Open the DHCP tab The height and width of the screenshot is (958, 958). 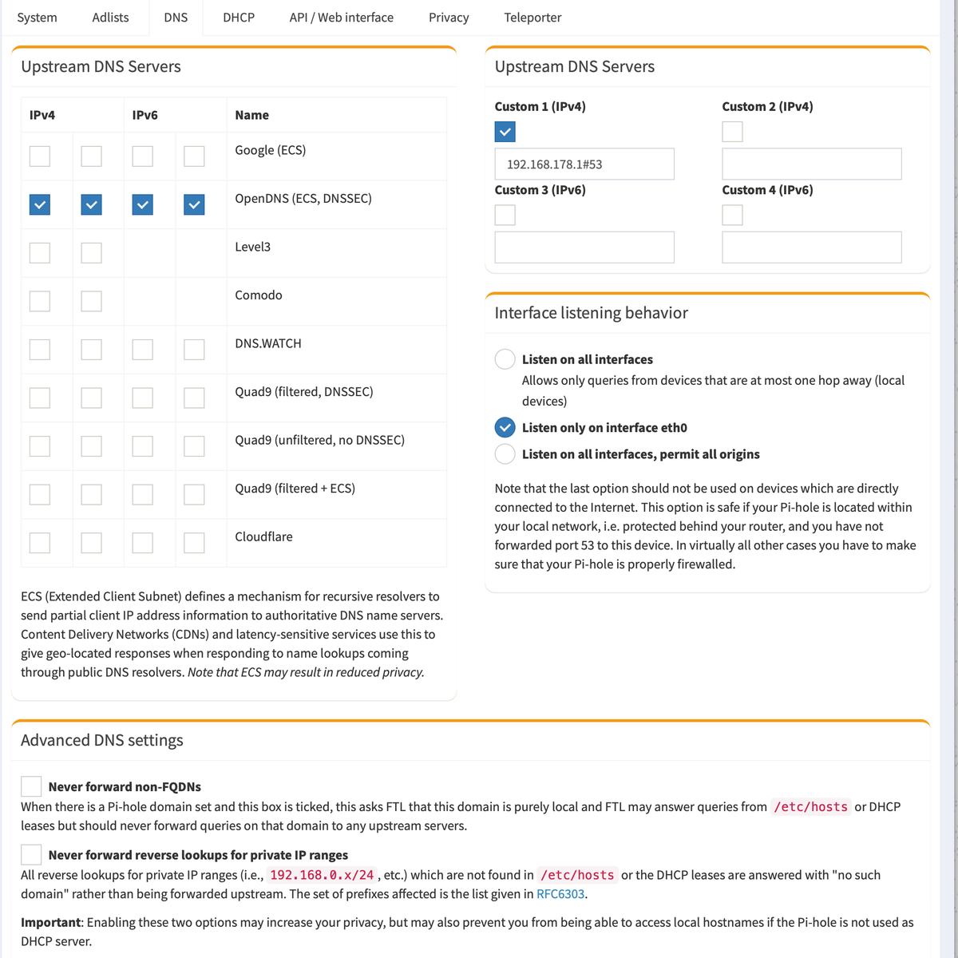[x=239, y=18]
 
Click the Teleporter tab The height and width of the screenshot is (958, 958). [x=532, y=18]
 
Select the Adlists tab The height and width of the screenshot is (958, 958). [x=110, y=18]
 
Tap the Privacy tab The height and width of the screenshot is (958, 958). [x=449, y=18]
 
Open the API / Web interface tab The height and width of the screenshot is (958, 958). [x=341, y=18]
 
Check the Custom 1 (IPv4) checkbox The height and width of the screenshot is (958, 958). [x=505, y=132]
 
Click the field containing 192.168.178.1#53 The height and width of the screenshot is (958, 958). [x=584, y=164]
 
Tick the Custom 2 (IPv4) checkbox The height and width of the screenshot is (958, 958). [x=732, y=132]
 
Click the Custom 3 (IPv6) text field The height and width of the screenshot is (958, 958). [x=584, y=247]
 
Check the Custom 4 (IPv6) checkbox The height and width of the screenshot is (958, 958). [x=732, y=215]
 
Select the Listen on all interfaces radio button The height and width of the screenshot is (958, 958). [x=505, y=359]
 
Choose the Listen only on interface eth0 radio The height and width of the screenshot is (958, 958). [x=505, y=427]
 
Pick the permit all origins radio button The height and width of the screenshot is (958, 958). [x=505, y=454]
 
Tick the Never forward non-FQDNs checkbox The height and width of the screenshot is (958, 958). [x=31, y=786]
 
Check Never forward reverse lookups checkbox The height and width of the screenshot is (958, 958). [x=31, y=854]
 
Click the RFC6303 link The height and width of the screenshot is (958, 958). [x=560, y=894]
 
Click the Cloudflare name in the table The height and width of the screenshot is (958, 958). [x=263, y=536]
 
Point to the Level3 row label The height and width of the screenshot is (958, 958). [x=252, y=247]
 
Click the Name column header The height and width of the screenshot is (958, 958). [x=251, y=115]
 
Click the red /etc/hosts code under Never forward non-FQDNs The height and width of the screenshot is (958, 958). [x=810, y=807]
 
